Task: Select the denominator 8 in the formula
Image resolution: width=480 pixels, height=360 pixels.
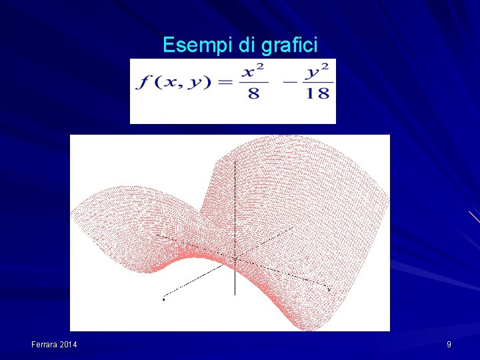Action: [x=254, y=93]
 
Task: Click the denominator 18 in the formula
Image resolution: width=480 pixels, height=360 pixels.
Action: [x=319, y=93]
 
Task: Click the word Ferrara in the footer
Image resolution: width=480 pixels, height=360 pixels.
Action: [x=45, y=345]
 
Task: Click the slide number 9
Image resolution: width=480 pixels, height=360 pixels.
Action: [x=449, y=345]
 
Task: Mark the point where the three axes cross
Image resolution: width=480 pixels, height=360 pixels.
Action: [x=235, y=258]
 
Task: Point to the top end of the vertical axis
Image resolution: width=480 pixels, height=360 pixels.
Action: [x=235, y=161]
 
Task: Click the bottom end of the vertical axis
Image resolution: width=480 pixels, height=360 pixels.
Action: [x=235, y=295]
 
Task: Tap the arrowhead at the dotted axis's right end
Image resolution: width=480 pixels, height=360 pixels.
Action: [x=329, y=290]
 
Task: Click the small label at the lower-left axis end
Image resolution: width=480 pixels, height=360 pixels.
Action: [x=163, y=299]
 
